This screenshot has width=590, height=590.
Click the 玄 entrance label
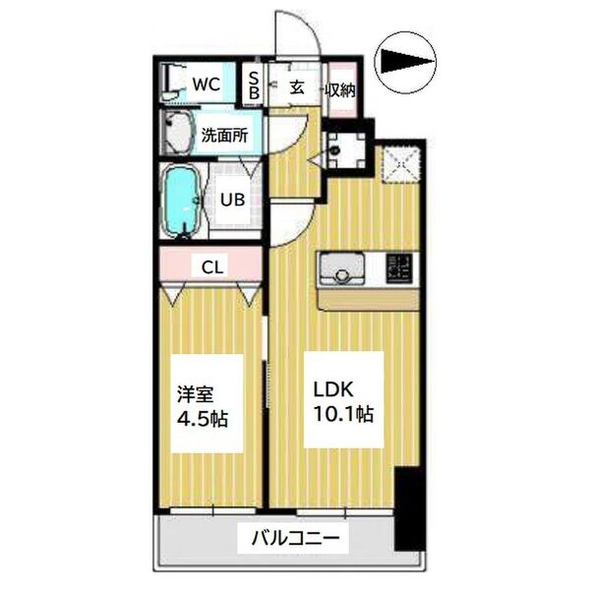(296, 88)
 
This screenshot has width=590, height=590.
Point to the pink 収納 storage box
(340, 88)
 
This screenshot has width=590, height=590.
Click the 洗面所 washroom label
(223, 137)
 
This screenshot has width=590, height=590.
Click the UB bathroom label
(231, 200)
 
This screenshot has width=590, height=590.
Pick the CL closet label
(210, 265)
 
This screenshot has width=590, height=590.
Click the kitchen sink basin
(340, 267)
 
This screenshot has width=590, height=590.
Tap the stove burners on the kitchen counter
(399, 265)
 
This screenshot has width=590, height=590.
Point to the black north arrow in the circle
(406, 64)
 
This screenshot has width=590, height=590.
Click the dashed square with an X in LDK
(400, 163)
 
